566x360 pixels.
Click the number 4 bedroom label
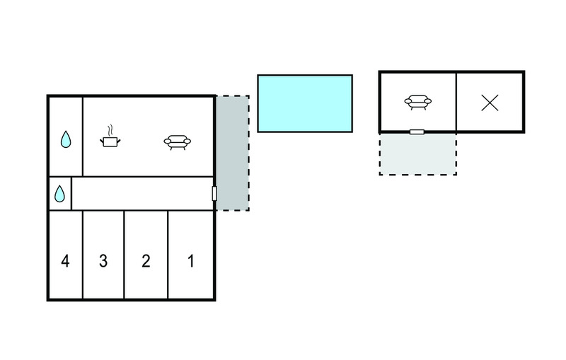pos(65,262)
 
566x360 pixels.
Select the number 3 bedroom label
pos(103,262)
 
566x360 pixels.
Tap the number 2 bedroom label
pos(146,262)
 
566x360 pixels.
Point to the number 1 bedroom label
pos(190,262)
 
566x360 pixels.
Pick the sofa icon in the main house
pos(177,142)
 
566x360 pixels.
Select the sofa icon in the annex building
pos(417,103)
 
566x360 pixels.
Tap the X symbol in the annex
pos(490,103)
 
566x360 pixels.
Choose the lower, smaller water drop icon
pos(60,193)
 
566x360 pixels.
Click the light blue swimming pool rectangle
pos(304,103)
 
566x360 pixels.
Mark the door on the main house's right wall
pos(214,194)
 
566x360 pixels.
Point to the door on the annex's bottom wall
pos(417,132)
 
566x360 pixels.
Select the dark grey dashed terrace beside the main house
pos(232,153)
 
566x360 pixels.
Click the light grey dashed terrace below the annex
pos(417,154)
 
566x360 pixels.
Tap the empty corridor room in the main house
pos(141,194)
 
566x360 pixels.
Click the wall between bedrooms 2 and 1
pos(168,255)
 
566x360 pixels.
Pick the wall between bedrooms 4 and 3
pos(83,255)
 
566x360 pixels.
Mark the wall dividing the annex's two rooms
pos(456,102)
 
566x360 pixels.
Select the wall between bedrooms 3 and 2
pos(125,255)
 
